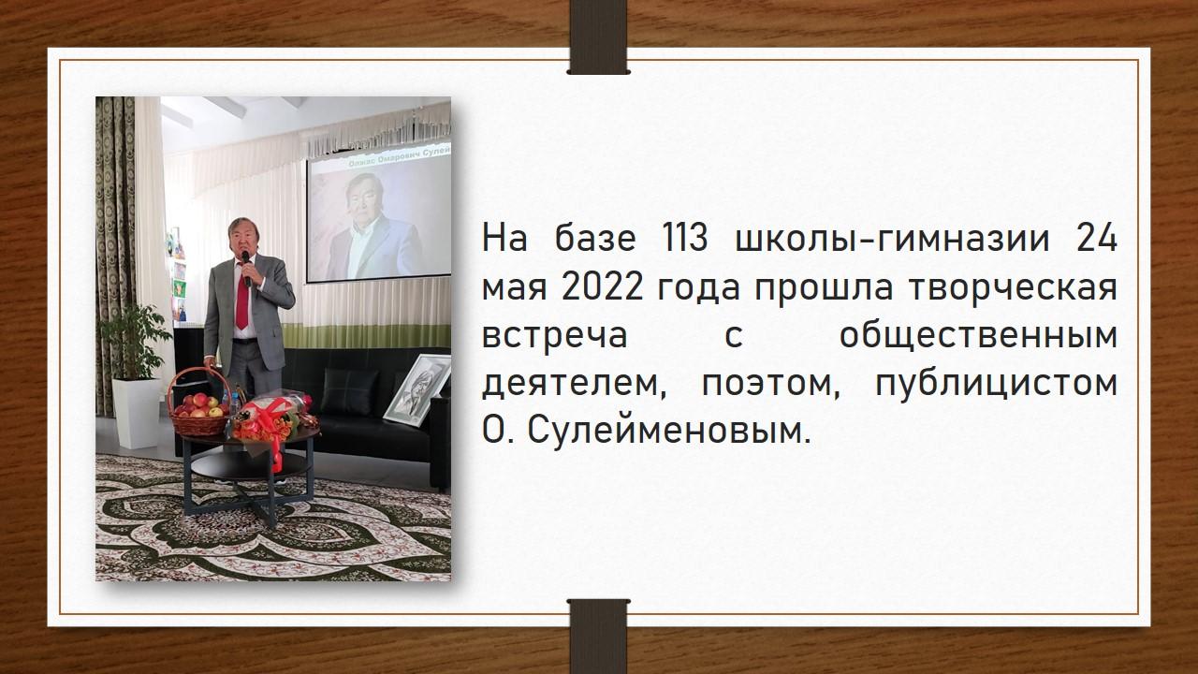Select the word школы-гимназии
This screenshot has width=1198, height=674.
click(892, 239)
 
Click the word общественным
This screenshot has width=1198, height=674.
click(978, 336)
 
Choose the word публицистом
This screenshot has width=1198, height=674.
click(997, 384)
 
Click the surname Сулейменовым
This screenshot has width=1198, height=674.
click(668, 431)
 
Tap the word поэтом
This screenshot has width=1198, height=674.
click(769, 385)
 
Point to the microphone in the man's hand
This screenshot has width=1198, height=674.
click(246, 267)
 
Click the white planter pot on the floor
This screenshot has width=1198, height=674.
click(136, 413)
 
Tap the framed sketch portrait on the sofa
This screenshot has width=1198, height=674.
click(417, 388)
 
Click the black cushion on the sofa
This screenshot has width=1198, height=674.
click(350, 391)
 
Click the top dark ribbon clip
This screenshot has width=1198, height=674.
click(598, 37)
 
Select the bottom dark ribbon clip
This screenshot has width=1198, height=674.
click(598, 637)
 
